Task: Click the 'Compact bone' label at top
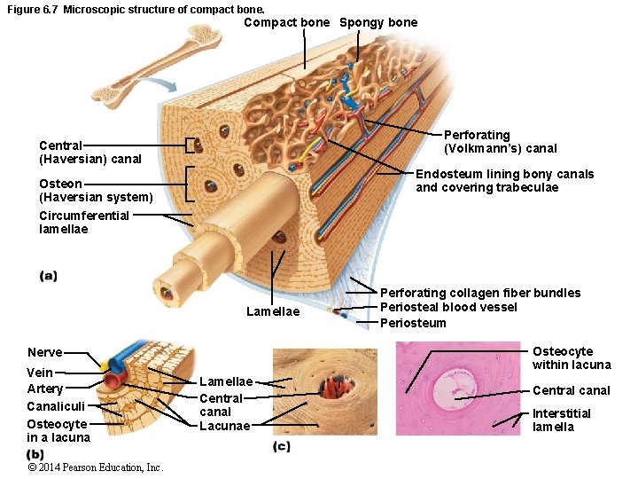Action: point(286,22)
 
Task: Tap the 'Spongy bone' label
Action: point(378,22)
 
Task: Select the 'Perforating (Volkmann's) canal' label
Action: point(501,141)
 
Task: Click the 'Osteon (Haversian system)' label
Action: point(96,190)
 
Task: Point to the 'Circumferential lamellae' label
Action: point(84,222)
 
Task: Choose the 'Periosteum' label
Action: point(413,323)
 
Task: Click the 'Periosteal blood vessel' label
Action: point(448,308)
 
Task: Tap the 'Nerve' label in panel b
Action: point(45,352)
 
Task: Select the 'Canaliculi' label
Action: point(56,406)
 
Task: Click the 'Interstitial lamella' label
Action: point(562,420)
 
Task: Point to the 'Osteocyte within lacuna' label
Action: point(572,357)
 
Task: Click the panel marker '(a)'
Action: point(49,276)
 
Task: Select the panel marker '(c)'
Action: point(282,446)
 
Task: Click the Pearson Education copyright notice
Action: point(96,467)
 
